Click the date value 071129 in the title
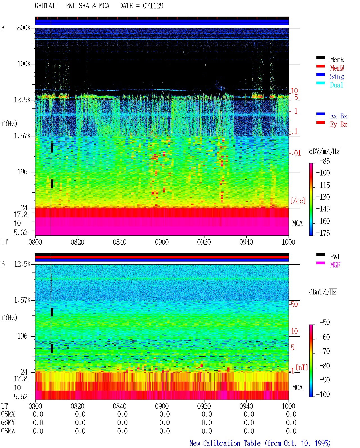click(x=153, y=6)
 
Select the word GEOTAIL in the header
click(x=47, y=6)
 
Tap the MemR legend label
click(x=337, y=60)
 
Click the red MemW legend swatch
click(x=320, y=66)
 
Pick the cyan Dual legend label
click(x=336, y=85)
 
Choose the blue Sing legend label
click(x=337, y=76)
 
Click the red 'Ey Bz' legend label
click(x=339, y=125)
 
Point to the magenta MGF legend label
click(x=335, y=265)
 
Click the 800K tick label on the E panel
click(x=24, y=28)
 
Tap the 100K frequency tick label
click(x=24, y=64)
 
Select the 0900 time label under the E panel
click(x=162, y=242)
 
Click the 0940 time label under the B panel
click(x=246, y=406)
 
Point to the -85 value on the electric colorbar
click(x=325, y=161)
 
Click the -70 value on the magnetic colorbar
click(x=325, y=351)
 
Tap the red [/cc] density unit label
click(x=298, y=201)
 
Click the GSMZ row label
click(x=8, y=431)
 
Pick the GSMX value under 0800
click(x=38, y=414)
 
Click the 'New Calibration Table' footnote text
click(x=225, y=443)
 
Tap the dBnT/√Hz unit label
click(x=323, y=292)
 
